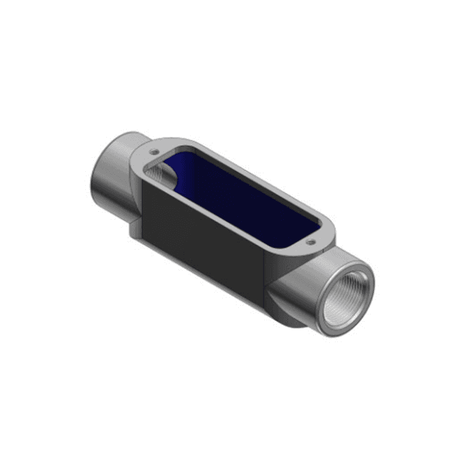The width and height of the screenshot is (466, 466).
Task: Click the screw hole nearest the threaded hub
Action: (311, 242)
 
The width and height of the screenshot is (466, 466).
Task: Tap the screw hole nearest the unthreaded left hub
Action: (154, 152)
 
